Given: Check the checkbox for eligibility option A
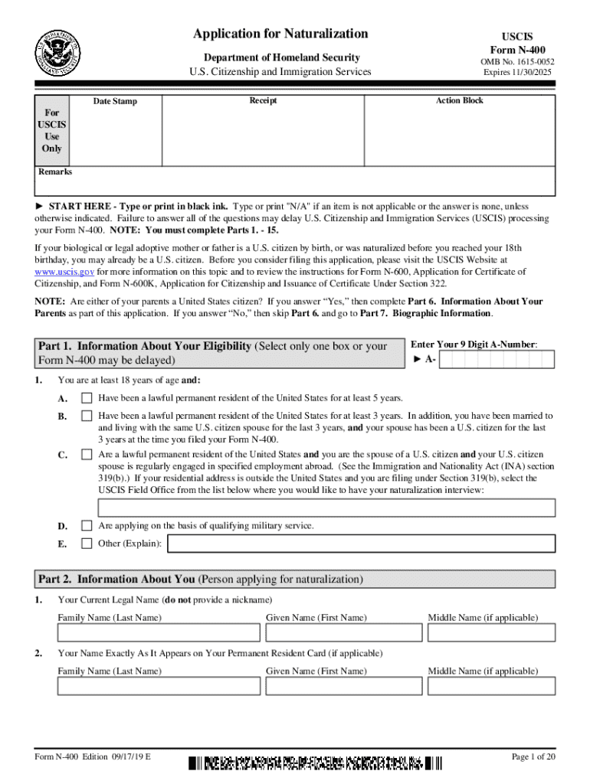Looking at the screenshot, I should pos(87,397).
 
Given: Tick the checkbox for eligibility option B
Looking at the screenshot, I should pos(87,416).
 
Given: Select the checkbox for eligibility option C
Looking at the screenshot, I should pos(87,455).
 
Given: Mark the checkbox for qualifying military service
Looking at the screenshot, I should pos(87,526).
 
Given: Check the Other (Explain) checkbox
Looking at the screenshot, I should pos(87,544).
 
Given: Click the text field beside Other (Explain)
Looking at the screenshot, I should pos(361,544).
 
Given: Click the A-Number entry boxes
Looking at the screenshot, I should pos(499,360).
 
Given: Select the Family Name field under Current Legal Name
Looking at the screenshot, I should pos(159,632).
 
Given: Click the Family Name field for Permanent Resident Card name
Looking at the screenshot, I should pos(159,686).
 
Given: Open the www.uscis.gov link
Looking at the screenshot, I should pos(64,271).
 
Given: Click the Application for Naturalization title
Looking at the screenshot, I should pos(280,34).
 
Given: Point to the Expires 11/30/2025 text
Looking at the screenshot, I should pos(517,73).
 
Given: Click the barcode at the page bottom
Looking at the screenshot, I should pos(315,762).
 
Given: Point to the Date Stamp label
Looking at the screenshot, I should pos(116,101).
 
